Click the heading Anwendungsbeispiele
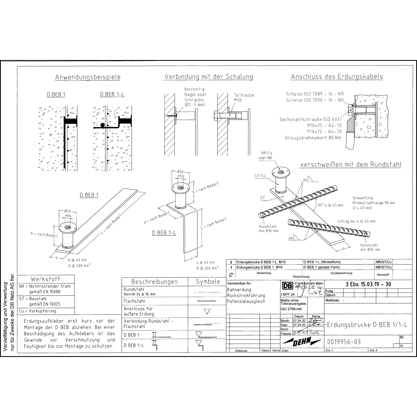pyautogui.click(x=88, y=77)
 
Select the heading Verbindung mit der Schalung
pyautogui.click(x=209, y=76)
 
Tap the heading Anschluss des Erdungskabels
pyautogui.click(x=337, y=76)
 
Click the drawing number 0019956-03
pyautogui.click(x=344, y=342)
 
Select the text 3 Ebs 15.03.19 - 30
pyautogui.click(x=368, y=284)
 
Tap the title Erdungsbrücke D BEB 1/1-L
pyautogui.click(x=367, y=325)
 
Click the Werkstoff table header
pyautogui.click(x=45, y=279)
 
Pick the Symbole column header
pyautogui.click(x=208, y=281)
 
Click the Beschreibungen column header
pyautogui.click(x=154, y=281)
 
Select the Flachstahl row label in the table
pyautogui.click(x=134, y=301)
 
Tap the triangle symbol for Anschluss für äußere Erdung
pyautogui.click(x=207, y=311)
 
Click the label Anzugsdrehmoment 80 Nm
pyautogui.click(x=313, y=138)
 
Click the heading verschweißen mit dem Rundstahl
pyautogui.click(x=351, y=164)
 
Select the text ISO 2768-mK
pyautogui.click(x=291, y=309)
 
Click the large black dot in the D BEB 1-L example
pyautogui.click(x=103, y=125)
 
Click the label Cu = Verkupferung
pyautogui.click(x=38, y=311)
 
